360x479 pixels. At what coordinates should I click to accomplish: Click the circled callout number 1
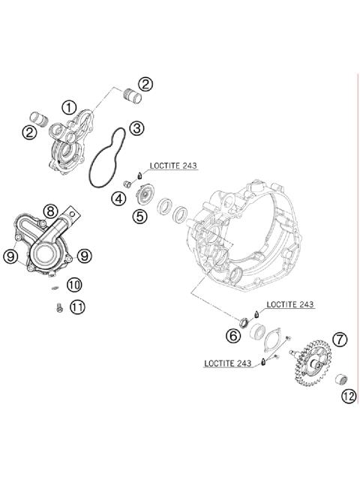point(69,107)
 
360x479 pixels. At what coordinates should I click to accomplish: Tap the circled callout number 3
point(136,128)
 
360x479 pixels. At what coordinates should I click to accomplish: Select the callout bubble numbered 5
point(139,217)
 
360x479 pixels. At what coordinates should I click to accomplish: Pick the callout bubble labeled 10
point(73,284)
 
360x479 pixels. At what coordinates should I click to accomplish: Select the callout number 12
point(346,397)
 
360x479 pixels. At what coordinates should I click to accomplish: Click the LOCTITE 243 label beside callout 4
point(174,166)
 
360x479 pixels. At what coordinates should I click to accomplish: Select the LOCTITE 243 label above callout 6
point(290,305)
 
